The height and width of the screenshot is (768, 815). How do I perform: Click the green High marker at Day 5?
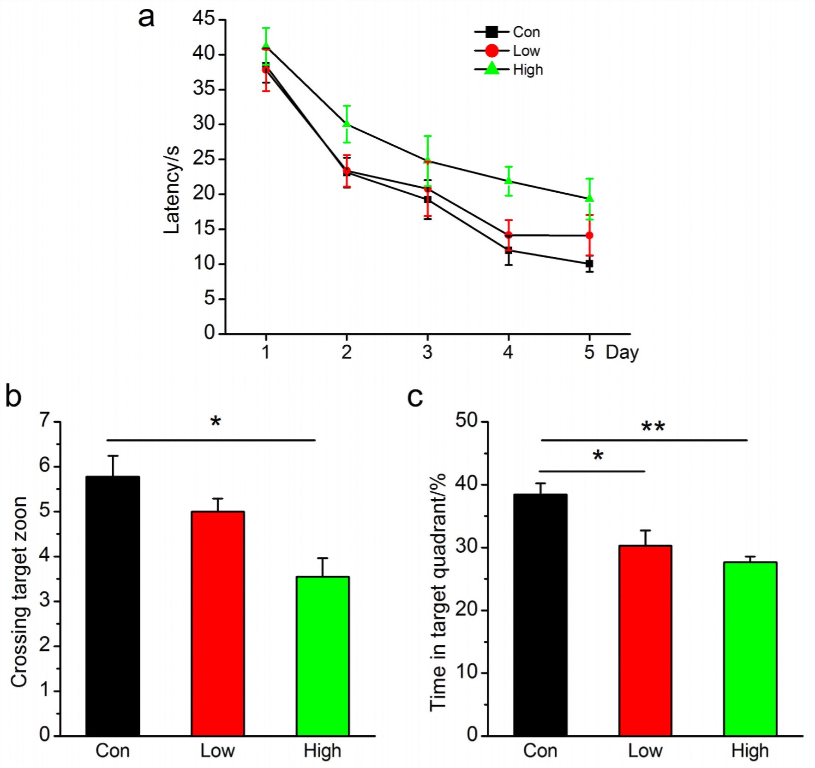click(x=589, y=198)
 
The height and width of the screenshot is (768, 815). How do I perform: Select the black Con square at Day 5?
click(x=589, y=264)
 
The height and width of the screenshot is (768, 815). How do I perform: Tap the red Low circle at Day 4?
click(x=509, y=235)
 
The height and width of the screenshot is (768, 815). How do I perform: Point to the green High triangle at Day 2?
click(x=347, y=124)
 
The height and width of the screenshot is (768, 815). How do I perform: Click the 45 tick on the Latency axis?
click(x=204, y=18)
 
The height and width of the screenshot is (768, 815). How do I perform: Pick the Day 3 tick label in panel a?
click(x=427, y=352)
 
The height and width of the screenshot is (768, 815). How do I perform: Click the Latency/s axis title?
click(x=172, y=190)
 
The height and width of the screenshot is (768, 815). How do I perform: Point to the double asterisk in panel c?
click(x=653, y=427)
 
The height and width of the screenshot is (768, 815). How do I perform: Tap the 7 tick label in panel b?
click(x=44, y=420)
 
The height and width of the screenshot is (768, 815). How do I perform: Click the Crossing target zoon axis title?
click(x=19, y=592)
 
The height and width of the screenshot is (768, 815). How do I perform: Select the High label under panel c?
click(x=750, y=751)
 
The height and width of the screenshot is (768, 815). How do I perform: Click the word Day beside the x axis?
click(x=622, y=352)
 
